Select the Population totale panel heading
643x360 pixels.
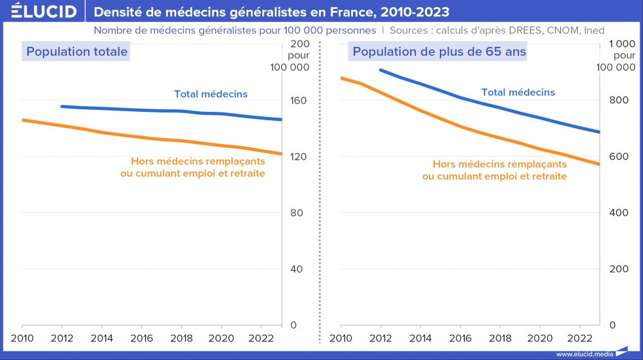coord(77,52)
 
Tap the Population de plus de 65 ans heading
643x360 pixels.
coord(439,52)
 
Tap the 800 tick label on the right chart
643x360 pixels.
coord(615,101)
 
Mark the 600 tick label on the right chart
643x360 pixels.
coord(615,157)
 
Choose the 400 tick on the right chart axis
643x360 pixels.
coord(615,213)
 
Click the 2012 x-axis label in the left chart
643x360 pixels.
coord(62,338)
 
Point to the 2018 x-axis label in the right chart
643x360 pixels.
coord(500,338)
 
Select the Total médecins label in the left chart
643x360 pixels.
coord(211,94)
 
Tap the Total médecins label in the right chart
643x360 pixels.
coord(518,93)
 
